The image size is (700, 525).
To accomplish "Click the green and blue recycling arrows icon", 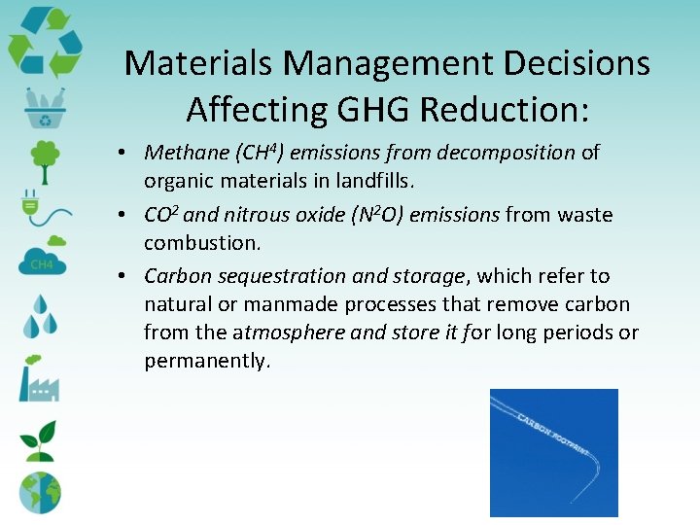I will coord(44,41).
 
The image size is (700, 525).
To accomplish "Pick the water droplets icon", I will coord(41,316).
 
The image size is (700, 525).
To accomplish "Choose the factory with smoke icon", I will coord(40,379).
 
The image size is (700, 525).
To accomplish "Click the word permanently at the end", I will coord(205,361).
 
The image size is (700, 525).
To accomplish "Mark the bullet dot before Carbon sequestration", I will coord(128,276).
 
